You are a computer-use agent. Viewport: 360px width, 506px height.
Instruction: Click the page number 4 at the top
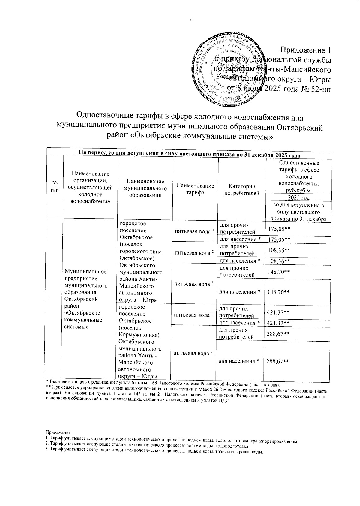click(x=191, y=20)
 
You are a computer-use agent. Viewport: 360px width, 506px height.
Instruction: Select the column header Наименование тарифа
click(x=196, y=189)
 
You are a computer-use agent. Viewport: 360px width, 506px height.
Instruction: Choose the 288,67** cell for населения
click(x=278, y=361)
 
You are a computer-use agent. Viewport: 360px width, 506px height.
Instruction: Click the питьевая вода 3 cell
click(x=194, y=284)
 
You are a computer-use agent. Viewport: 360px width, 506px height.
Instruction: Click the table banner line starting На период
click(x=189, y=155)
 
